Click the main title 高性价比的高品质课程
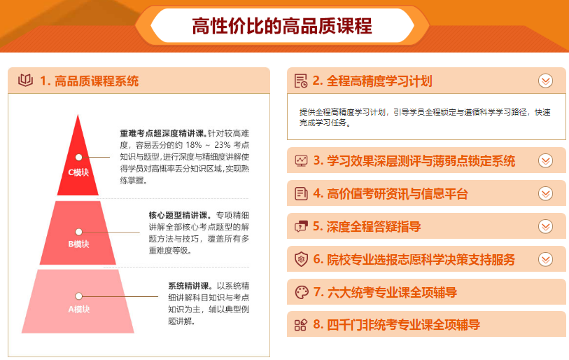click(x=282, y=26)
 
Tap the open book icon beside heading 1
click(x=25, y=81)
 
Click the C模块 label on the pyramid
click(x=78, y=172)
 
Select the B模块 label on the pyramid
click(x=78, y=244)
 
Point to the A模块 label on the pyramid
click(x=79, y=309)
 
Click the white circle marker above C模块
click(x=79, y=158)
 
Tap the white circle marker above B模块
click(x=79, y=232)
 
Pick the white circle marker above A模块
click(x=79, y=296)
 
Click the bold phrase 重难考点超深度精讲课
click(x=164, y=133)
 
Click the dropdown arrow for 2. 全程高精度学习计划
click(x=545, y=81)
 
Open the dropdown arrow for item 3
click(x=545, y=160)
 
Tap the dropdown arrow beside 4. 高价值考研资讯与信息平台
click(x=545, y=193)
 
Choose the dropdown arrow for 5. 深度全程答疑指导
click(x=545, y=226)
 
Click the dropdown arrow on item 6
click(x=545, y=259)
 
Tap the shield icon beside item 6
click(x=301, y=259)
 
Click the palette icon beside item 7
click(x=301, y=292)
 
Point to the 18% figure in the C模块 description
click(x=194, y=145)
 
